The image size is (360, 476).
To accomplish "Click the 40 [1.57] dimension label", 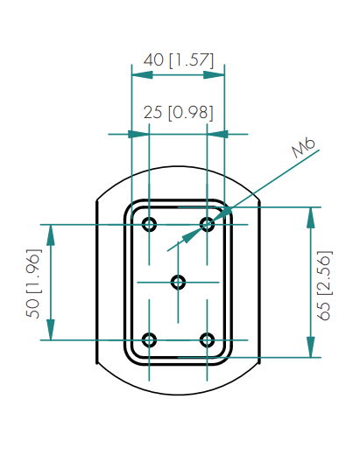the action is pyautogui.click(x=179, y=60).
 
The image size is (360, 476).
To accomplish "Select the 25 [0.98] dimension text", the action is pyautogui.click(x=179, y=113).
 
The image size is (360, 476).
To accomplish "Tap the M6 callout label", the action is pyautogui.click(x=303, y=148).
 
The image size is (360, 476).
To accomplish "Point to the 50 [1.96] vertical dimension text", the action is pyautogui.click(x=33, y=283).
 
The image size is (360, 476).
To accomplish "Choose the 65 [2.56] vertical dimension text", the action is pyautogui.click(x=324, y=285).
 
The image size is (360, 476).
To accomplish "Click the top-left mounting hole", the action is pyautogui.click(x=149, y=225).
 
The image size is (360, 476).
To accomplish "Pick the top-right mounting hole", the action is pyautogui.click(x=208, y=225).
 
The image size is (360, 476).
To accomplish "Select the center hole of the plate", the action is pyautogui.click(x=178, y=283).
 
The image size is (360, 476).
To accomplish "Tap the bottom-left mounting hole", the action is pyautogui.click(x=149, y=340).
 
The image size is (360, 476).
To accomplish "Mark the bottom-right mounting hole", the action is pyautogui.click(x=208, y=340).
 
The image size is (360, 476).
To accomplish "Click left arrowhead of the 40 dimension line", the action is pyautogui.click(x=142, y=74).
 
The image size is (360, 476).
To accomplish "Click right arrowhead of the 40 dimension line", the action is pyautogui.click(x=214, y=74).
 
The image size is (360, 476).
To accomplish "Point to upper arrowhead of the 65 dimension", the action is pyautogui.click(x=310, y=218).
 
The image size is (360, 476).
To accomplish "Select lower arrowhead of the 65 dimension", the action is pyautogui.click(x=310, y=347).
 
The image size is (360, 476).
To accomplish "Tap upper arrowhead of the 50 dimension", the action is pyautogui.click(x=51, y=235).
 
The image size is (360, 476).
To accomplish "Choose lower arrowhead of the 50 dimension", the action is pyautogui.click(x=51, y=330).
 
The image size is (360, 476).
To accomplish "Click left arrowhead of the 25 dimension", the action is pyautogui.click(x=138, y=134).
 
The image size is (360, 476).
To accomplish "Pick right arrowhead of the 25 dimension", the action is pyautogui.click(x=217, y=134).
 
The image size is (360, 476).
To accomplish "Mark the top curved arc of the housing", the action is pyautogui.click(x=179, y=166).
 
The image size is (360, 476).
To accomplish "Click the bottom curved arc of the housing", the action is pyautogui.click(x=179, y=395).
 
